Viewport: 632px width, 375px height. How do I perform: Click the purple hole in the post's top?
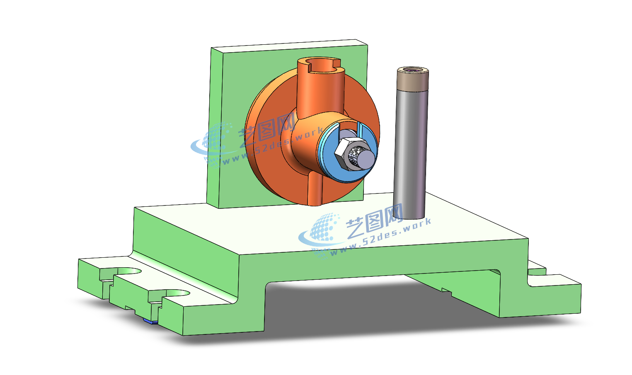coord(413,70)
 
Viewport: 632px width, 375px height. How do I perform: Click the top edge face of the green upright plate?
coord(290,46)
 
